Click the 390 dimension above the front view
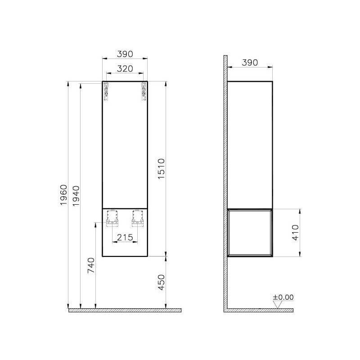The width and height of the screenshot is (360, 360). tap(125, 54)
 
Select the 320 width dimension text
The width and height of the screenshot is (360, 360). tap(125, 68)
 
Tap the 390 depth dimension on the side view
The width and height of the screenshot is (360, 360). tap(250, 63)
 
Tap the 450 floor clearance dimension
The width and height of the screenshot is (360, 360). tap(162, 282)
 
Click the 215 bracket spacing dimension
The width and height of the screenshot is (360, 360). tap(125, 237)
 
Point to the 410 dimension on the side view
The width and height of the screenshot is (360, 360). tap(295, 233)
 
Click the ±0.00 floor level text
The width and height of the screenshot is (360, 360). tap(283, 297)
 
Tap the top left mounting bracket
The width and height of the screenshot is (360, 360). tap(107, 90)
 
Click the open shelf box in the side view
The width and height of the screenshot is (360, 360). tap(250, 233)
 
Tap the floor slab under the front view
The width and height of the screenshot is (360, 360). tap(125, 310)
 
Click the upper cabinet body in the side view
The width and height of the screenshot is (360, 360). tap(250, 144)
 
